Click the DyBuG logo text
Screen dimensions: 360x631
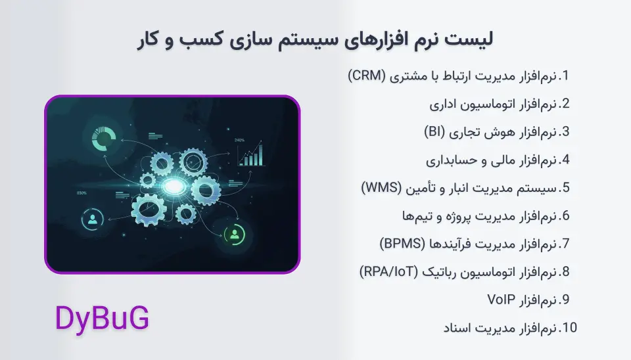pyautogui.click(x=102, y=319)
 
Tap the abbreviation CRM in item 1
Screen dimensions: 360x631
pyautogui.click(x=366, y=76)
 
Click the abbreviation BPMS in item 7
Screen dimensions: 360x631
pyautogui.click(x=401, y=244)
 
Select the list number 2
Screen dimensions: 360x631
pyautogui.click(x=564, y=104)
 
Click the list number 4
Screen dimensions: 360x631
pyautogui.click(x=564, y=160)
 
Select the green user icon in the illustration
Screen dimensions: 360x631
pyautogui.click(x=235, y=234)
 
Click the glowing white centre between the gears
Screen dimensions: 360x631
pyautogui.click(x=173, y=188)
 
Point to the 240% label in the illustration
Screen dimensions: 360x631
pyautogui.click(x=239, y=140)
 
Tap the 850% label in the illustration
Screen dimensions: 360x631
pyautogui.click(x=82, y=193)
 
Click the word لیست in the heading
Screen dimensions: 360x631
pyautogui.click(x=474, y=39)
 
